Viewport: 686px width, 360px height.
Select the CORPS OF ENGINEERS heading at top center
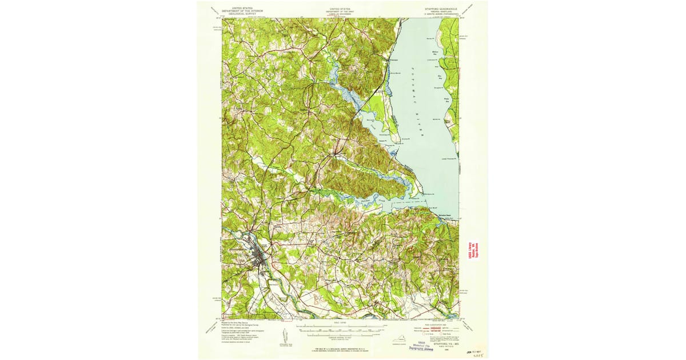[x=340, y=15]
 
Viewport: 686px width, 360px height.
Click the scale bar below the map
[x=340, y=328]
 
